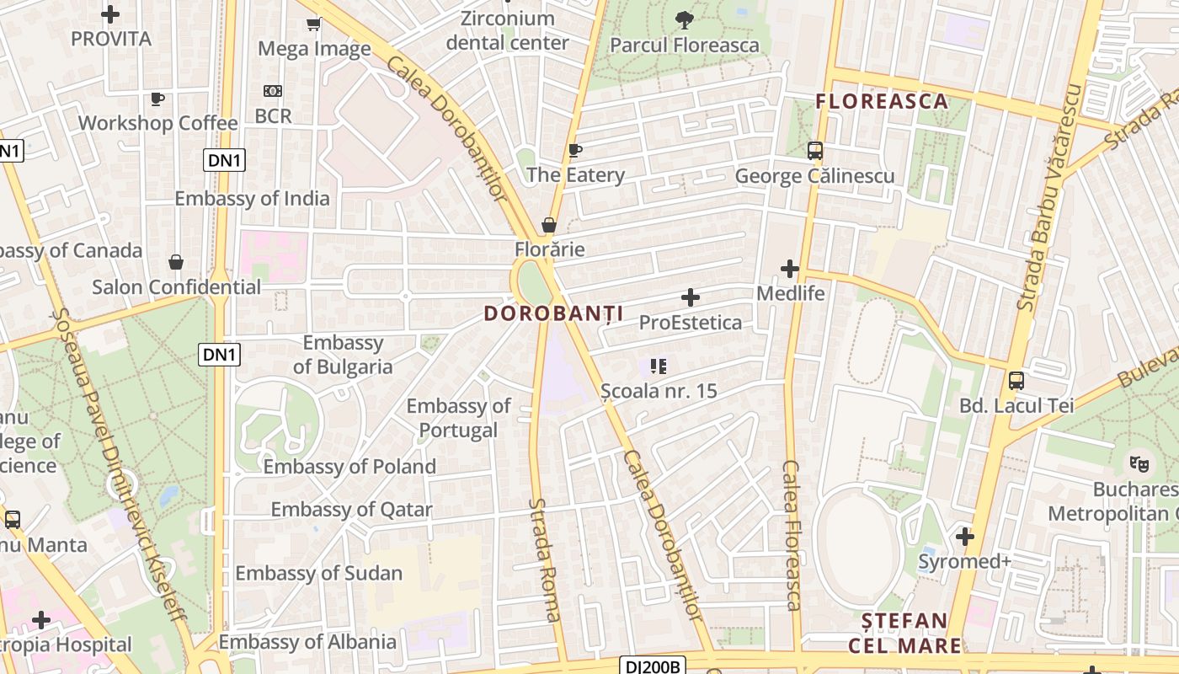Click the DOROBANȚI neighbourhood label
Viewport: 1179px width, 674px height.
[553, 313]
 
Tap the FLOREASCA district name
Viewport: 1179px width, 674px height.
[882, 101]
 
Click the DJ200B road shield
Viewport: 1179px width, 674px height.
[654, 666]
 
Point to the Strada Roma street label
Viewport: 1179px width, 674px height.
[545, 559]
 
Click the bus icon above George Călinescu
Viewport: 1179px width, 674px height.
[814, 151]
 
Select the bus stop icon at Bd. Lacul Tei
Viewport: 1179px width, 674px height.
[1016, 381]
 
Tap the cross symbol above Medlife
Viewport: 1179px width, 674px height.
[790, 269]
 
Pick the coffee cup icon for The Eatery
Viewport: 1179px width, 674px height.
[575, 151]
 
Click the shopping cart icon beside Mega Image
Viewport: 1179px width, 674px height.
[314, 24]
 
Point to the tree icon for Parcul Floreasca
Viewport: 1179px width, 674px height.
[684, 19]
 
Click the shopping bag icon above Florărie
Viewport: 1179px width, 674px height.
[549, 225]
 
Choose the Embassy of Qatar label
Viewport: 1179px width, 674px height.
[351, 510]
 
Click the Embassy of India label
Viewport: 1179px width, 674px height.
[252, 199]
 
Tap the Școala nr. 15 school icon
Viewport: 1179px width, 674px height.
[659, 366]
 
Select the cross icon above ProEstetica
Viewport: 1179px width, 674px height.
[691, 297]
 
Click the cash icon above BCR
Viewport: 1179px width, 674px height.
[273, 91]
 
